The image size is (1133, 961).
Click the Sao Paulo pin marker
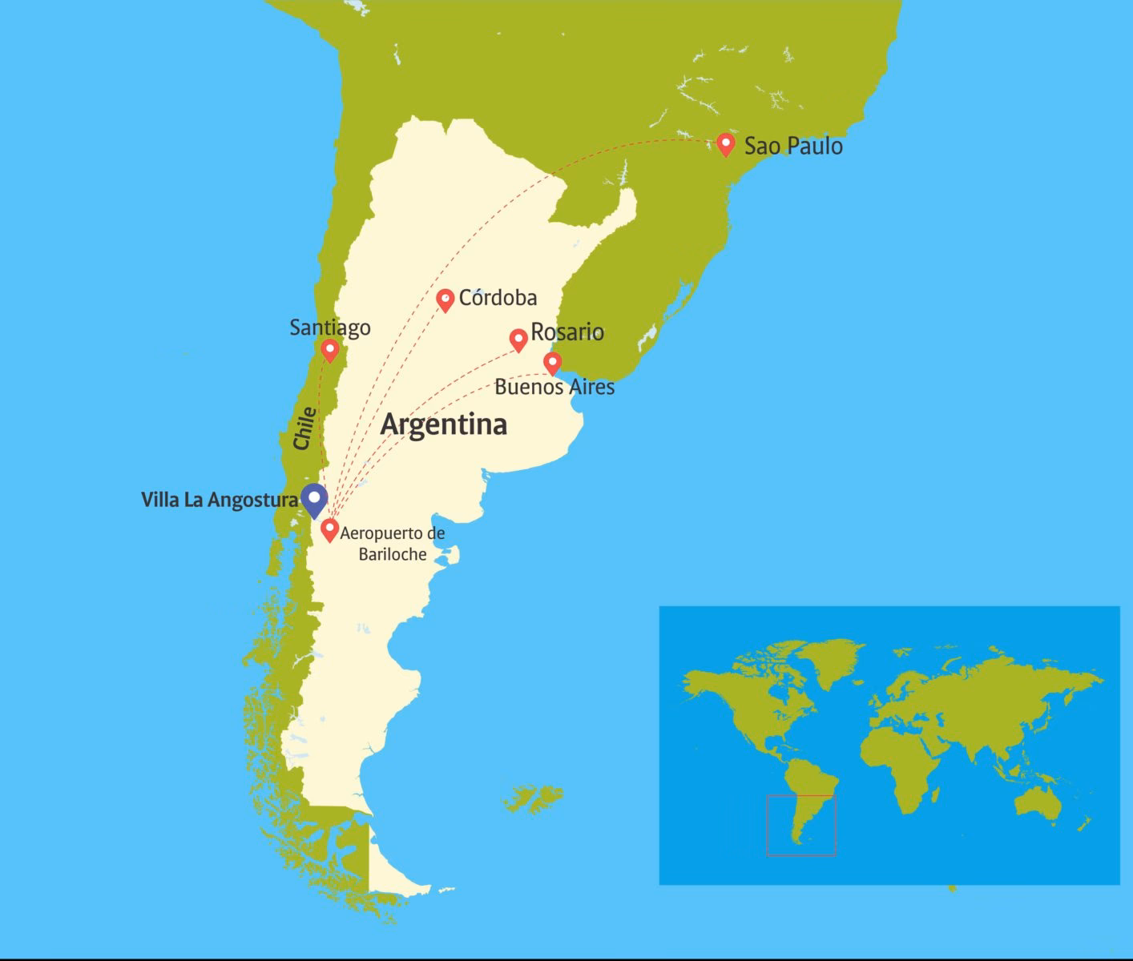pyautogui.click(x=726, y=144)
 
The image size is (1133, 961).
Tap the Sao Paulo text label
pyautogui.click(x=793, y=147)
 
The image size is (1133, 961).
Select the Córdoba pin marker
pyautogui.click(x=446, y=300)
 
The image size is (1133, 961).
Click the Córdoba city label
pyautogui.click(x=498, y=298)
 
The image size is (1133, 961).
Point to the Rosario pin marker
pyautogui.click(x=518, y=340)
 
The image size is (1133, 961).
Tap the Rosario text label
pyautogui.click(x=567, y=332)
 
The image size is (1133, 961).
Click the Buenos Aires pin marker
pyautogui.click(x=552, y=363)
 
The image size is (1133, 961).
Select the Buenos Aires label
pyautogui.click(x=554, y=388)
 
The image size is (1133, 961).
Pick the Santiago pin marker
pyautogui.click(x=329, y=350)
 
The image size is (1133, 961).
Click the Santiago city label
pyautogui.click(x=330, y=328)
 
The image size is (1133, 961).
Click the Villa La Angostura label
pyautogui.click(x=220, y=501)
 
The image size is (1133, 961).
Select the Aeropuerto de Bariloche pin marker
pyautogui.click(x=329, y=529)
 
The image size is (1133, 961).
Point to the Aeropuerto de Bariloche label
pyautogui.click(x=393, y=543)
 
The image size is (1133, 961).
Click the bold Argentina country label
pyautogui.click(x=443, y=424)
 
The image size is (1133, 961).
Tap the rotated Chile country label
pyautogui.click(x=304, y=428)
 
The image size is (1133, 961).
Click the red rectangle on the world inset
pyautogui.click(x=801, y=825)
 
